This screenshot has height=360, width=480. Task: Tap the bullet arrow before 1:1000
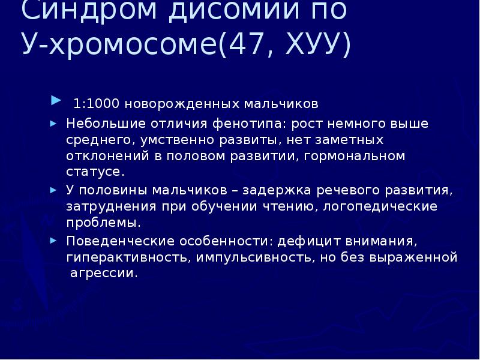pyautogui.click(x=56, y=99)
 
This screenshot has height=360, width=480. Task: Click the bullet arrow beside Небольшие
pyautogui.click(x=53, y=124)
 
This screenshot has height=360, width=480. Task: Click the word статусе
pyautogui.click(x=95, y=173)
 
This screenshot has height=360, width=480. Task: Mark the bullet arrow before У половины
pyautogui.click(x=53, y=189)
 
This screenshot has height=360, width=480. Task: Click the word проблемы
pyautogui.click(x=103, y=223)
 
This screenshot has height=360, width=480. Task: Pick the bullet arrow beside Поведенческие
pyautogui.click(x=53, y=240)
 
